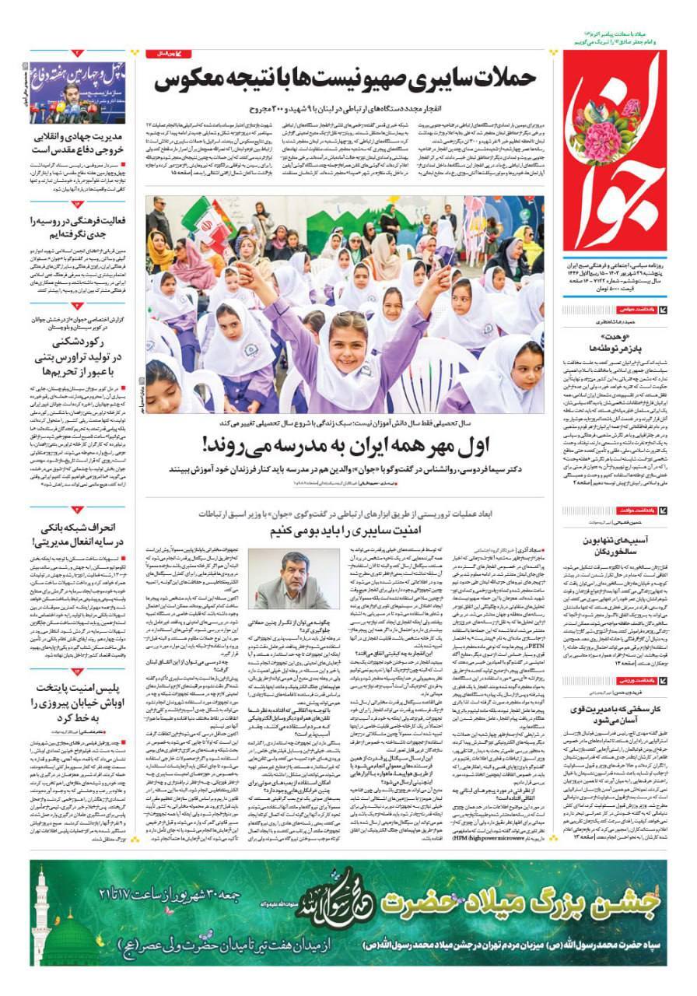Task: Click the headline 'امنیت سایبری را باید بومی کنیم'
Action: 345,531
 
